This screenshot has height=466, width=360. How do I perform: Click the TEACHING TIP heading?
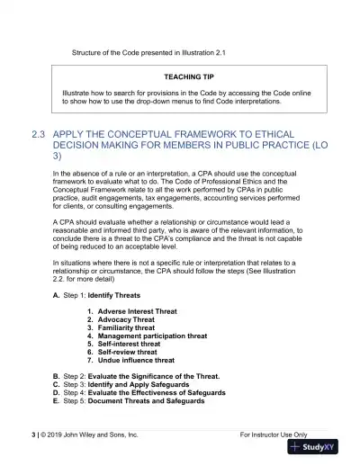[188, 77]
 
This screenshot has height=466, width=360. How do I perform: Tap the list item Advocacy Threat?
[126, 319]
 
